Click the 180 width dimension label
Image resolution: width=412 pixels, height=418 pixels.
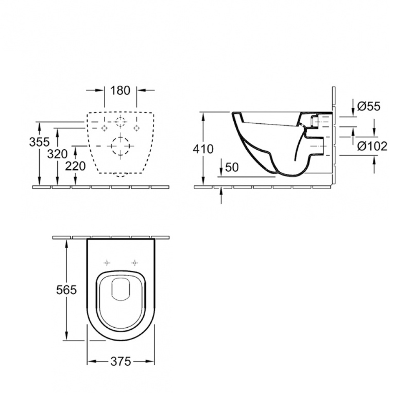click(120, 90)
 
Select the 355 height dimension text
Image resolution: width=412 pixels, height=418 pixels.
click(39, 142)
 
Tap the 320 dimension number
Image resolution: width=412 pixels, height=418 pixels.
click(57, 154)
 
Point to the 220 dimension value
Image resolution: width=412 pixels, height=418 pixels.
click(75, 166)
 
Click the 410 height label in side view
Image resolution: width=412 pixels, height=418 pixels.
click(203, 148)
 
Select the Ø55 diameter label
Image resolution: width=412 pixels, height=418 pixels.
click(369, 107)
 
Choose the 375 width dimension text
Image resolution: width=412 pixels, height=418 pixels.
click(120, 361)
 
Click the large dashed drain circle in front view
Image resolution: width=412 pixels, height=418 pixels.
click(120, 146)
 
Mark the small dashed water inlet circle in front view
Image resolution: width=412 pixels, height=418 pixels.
click(120, 122)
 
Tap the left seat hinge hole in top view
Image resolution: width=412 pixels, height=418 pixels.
click(107, 263)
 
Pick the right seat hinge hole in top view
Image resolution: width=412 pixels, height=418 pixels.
click(134, 263)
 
